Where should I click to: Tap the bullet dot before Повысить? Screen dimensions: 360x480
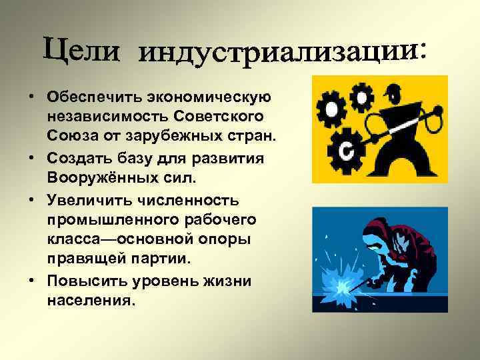tap(32, 281)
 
